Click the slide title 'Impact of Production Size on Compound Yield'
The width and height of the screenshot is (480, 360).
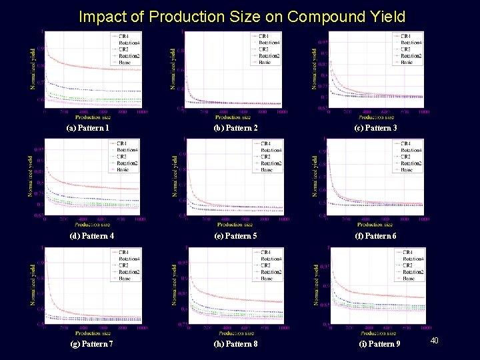(241, 16)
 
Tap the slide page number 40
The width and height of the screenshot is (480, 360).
(433, 341)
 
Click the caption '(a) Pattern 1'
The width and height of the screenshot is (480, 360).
(87, 127)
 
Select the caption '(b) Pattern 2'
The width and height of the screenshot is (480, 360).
(235, 127)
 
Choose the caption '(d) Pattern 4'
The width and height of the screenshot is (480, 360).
(92, 235)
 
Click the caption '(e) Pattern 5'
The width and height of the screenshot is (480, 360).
(235, 235)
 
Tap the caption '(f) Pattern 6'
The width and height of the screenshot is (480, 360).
(376, 235)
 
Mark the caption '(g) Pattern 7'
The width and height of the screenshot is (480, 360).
(92, 343)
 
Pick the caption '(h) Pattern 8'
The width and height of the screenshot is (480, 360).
(235, 343)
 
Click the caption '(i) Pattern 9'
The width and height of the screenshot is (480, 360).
(379, 343)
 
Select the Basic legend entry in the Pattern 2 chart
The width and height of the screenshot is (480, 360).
(265, 62)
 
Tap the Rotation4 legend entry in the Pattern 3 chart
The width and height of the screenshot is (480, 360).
(411, 43)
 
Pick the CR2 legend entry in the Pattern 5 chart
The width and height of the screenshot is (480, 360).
(266, 157)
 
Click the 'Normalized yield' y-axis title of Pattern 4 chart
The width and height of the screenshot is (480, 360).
(30, 175)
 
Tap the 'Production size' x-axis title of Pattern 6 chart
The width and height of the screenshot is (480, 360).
(377, 224)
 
